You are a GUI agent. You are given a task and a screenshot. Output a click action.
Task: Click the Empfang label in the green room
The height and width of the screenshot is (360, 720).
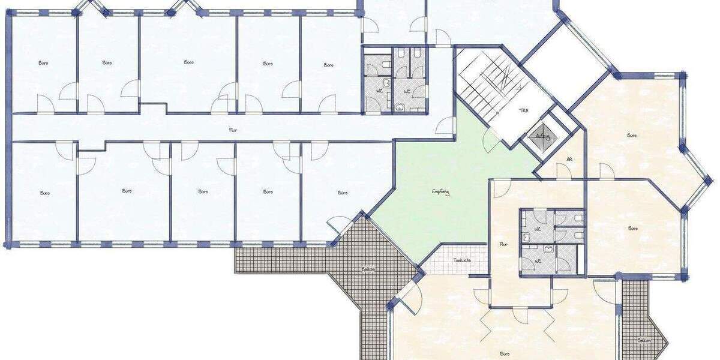pos(440,192)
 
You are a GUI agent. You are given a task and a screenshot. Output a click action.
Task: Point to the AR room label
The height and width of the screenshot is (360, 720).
pos(569,160)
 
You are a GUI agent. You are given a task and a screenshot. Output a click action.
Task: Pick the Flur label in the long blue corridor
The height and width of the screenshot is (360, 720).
pos(232,129)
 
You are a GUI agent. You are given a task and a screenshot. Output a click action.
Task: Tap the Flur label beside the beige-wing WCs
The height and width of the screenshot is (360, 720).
pos(503,244)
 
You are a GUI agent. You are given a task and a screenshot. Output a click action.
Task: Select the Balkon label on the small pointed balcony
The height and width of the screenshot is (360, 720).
pos(644,340)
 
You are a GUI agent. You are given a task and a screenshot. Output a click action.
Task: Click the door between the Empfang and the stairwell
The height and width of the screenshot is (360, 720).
pos(491,141)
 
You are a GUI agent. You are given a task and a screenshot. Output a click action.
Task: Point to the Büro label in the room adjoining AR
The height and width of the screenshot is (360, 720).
pos(631,136)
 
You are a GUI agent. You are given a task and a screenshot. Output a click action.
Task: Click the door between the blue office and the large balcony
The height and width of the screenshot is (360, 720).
pos(339,227)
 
